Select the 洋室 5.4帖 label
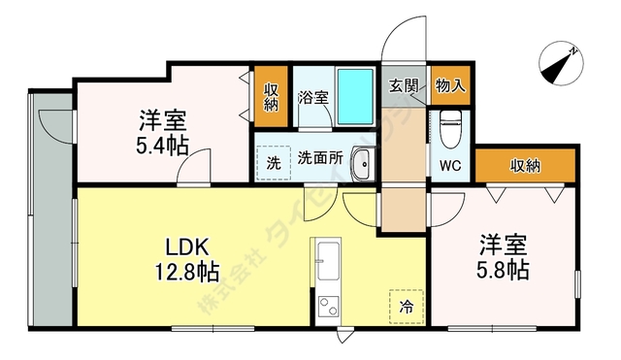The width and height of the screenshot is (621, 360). tap(162, 134)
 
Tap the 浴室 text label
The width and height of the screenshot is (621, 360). tap(311, 97)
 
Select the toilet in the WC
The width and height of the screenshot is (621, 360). tap(451, 126)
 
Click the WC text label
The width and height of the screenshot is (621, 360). tap(450, 165)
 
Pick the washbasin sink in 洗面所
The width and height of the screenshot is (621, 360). tap(361, 163)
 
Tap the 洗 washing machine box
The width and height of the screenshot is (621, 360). tap(274, 163)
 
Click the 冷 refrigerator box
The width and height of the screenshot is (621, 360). tap(407, 306)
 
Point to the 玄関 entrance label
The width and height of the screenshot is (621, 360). tap(404, 84)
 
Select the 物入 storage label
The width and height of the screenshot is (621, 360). tap(450, 84)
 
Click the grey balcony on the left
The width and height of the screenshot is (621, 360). tap(53, 213)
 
